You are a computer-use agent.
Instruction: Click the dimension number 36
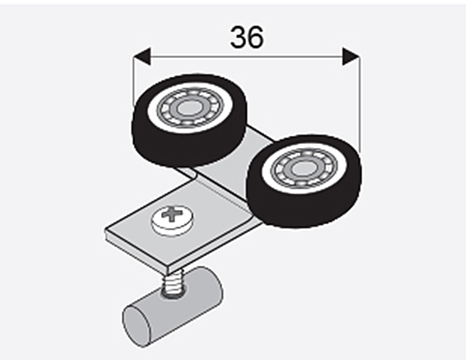[x=247, y=37]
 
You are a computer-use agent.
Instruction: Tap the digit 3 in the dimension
[x=238, y=37]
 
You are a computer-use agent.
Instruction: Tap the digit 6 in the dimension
[x=256, y=37]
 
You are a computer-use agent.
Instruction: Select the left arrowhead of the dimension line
[x=142, y=56]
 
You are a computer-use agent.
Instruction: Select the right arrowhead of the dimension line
[x=352, y=56]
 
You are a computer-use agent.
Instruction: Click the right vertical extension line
[x=360, y=105]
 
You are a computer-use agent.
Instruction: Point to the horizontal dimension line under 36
[x=247, y=56]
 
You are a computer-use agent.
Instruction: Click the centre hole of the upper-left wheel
[x=188, y=108]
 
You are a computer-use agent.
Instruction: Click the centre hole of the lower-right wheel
[x=303, y=169]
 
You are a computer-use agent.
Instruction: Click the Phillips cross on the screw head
[x=171, y=214]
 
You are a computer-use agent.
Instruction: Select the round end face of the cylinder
[x=136, y=327]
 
